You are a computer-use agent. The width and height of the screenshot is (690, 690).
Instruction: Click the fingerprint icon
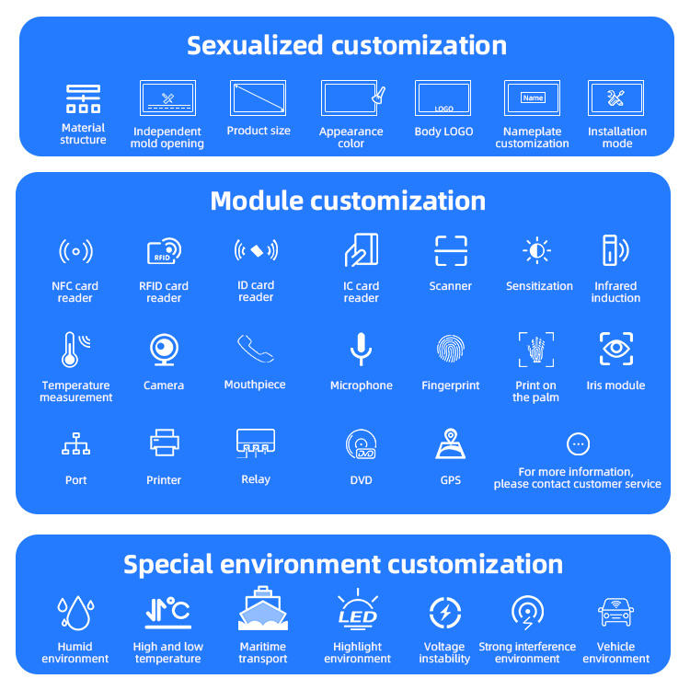(450, 350)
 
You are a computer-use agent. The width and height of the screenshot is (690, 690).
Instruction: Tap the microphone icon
(361, 350)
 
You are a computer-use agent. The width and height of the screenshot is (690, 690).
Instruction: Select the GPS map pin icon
(450, 443)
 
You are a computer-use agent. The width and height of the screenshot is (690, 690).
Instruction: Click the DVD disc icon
(361, 445)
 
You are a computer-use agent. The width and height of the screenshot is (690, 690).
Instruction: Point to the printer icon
(164, 444)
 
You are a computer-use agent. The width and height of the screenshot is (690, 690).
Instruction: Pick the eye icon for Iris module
(615, 350)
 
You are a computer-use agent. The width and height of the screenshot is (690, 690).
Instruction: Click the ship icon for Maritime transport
(263, 610)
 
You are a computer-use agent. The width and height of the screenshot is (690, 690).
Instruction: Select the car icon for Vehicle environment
(615, 611)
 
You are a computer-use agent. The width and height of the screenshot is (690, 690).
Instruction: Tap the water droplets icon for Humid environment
(75, 611)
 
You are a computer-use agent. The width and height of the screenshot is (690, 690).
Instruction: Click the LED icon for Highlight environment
(357, 612)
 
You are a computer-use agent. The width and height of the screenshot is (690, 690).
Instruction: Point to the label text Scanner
(450, 286)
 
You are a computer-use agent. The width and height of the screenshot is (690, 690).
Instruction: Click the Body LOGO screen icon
(443, 98)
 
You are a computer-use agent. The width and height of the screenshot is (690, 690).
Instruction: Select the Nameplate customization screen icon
(532, 98)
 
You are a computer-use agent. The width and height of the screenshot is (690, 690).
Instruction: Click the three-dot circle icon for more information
(578, 444)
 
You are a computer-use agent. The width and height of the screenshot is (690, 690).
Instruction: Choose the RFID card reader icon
(164, 251)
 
